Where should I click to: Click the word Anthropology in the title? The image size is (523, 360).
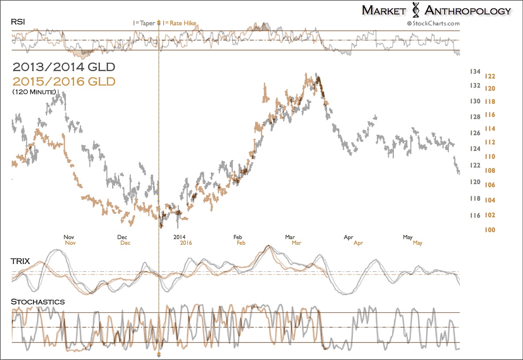(467, 11)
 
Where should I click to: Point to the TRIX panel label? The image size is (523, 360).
(20, 261)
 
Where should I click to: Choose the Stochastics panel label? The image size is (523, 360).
(38, 302)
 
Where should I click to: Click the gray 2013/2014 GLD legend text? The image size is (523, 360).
(64, 67)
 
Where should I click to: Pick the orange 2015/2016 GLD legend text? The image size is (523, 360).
(64, 81)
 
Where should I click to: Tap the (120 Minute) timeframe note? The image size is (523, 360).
(34, 92)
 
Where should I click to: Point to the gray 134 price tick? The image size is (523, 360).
(475, 72)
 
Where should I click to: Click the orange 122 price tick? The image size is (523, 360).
(490, 76)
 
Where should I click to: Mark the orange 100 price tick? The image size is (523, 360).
(490, 230)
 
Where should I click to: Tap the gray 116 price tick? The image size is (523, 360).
(475, 216)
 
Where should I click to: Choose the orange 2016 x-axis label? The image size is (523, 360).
(186, 243)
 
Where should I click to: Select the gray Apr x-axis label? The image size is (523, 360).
(348, 237)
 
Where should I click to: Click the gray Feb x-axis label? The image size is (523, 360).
(237, 237)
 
